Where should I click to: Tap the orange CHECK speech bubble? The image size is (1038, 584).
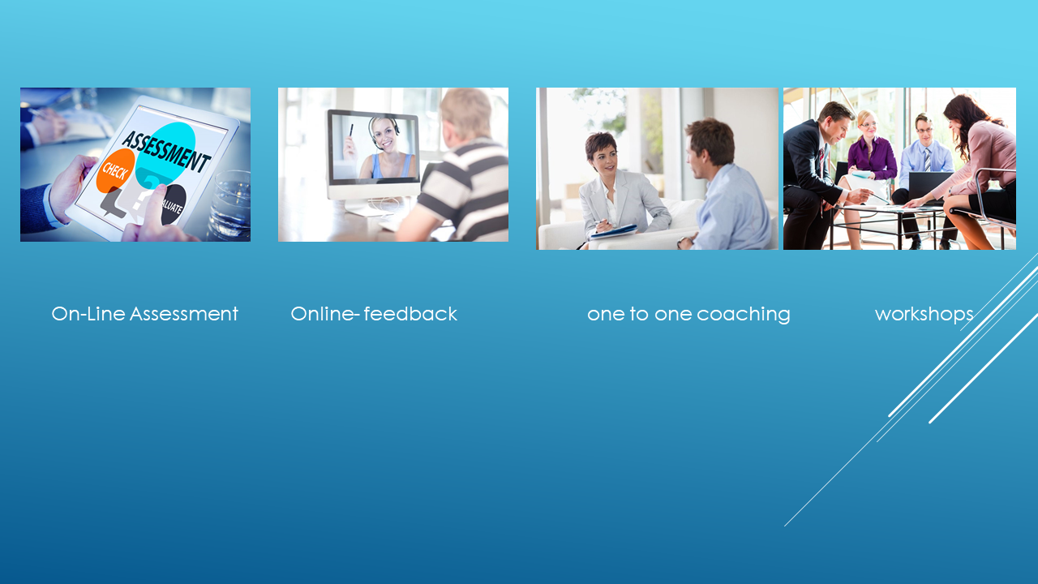115,170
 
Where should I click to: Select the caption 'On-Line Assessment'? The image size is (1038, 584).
144,314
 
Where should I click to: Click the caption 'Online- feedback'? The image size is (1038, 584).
374,314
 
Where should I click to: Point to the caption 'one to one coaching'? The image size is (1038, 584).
688,315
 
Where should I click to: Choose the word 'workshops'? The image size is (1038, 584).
924,315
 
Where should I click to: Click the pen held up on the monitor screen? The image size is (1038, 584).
351,131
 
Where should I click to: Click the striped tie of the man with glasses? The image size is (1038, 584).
927,159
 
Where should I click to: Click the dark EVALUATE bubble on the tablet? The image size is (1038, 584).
174,204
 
